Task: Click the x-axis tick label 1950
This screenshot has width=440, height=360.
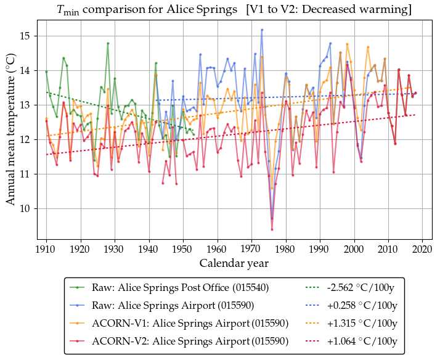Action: (183, 250)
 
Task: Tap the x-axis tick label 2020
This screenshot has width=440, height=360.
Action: (422, 250)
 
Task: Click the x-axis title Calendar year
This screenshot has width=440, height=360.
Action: (234, 263)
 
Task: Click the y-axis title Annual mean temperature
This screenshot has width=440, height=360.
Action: (11, 134)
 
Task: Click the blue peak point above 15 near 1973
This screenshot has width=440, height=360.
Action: (262, 30)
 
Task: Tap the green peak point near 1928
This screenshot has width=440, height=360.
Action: (108, 43)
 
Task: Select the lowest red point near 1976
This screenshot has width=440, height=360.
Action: (272, 229)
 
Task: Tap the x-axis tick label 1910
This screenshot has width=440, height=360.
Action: (46, 250)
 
